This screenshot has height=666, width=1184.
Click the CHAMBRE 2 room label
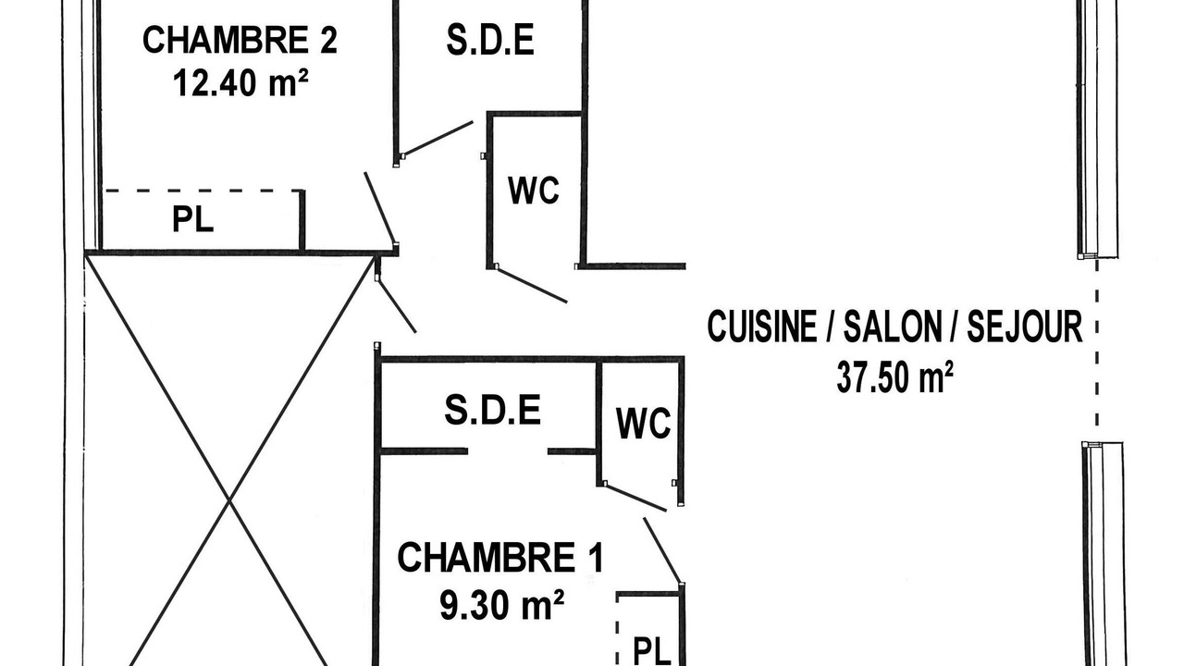240,40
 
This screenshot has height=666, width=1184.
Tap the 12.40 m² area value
240,83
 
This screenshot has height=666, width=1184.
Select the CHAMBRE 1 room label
500,558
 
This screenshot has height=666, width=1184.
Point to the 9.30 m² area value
501,605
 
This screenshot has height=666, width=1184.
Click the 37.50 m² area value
894,376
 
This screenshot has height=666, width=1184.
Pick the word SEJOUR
1025,327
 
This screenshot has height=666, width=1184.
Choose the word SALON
893,327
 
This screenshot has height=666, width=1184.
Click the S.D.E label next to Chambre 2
490,40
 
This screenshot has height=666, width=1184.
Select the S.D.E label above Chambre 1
493,410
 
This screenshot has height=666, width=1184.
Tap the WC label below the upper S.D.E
534,191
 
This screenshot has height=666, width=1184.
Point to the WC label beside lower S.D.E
643,423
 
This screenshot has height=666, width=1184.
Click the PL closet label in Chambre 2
193,219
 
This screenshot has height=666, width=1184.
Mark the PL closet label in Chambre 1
652,651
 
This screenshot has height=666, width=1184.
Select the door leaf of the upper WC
532,286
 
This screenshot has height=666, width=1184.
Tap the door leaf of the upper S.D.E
438,139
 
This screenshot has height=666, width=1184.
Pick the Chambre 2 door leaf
380,208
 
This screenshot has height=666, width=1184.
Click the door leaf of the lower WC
635,498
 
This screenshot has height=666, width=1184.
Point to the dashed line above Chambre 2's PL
203,191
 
